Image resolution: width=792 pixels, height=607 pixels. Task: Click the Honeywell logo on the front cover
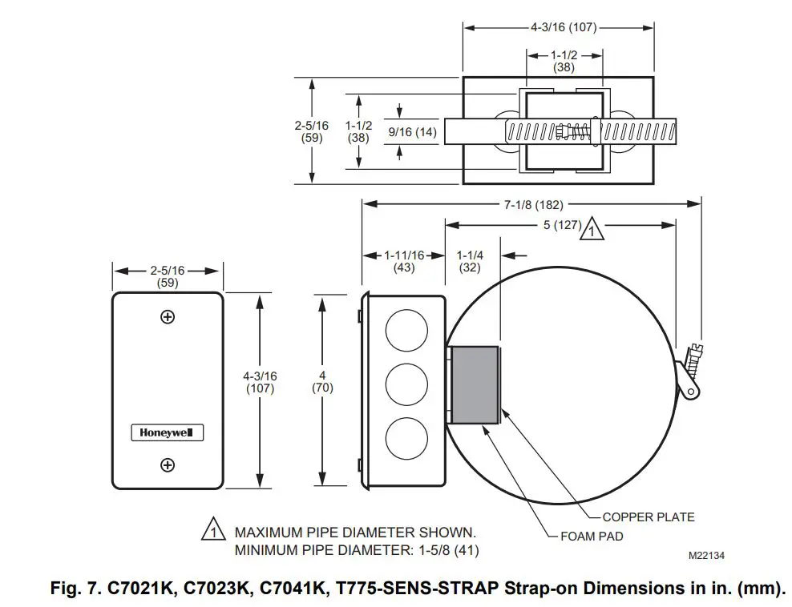coord(168,432)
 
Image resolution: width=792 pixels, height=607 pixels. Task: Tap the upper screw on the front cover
coord(168,316)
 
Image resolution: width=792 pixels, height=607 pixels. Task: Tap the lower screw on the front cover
coord(168,464)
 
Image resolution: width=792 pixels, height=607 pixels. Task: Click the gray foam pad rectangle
coord(474,384)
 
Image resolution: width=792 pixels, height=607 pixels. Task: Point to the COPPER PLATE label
coord(648,517)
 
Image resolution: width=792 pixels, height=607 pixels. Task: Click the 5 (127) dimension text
coord(561,225)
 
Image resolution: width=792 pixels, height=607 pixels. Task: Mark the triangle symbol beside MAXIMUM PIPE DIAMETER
coord(213,531)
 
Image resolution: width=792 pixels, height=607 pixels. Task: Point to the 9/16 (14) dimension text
coord(413,132)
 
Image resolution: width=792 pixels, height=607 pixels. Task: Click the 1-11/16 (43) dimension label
coord(404,261)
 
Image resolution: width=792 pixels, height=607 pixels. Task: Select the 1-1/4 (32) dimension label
coord(470,261)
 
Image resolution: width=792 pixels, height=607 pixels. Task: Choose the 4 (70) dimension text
coord(322,382)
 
